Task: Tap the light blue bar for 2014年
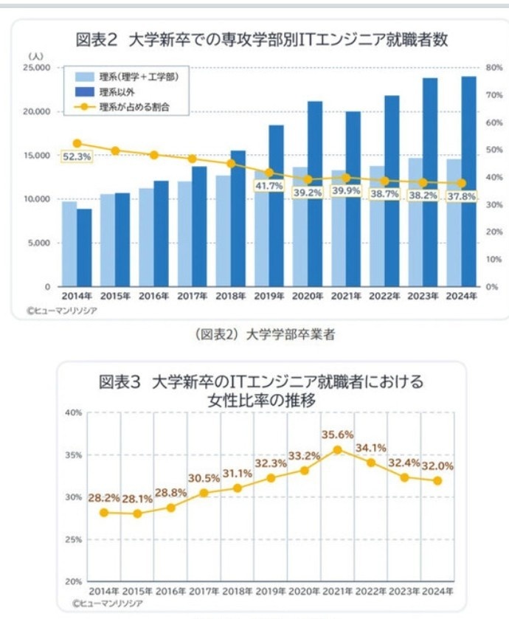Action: point(69,243)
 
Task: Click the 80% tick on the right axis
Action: point(494,68)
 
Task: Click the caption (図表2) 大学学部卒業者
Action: point(266,334)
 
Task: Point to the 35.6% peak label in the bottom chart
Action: point(338,435)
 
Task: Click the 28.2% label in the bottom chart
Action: point(104,497)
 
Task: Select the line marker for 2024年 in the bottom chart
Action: point(437,481)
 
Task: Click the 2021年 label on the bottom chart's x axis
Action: point(337,592)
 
